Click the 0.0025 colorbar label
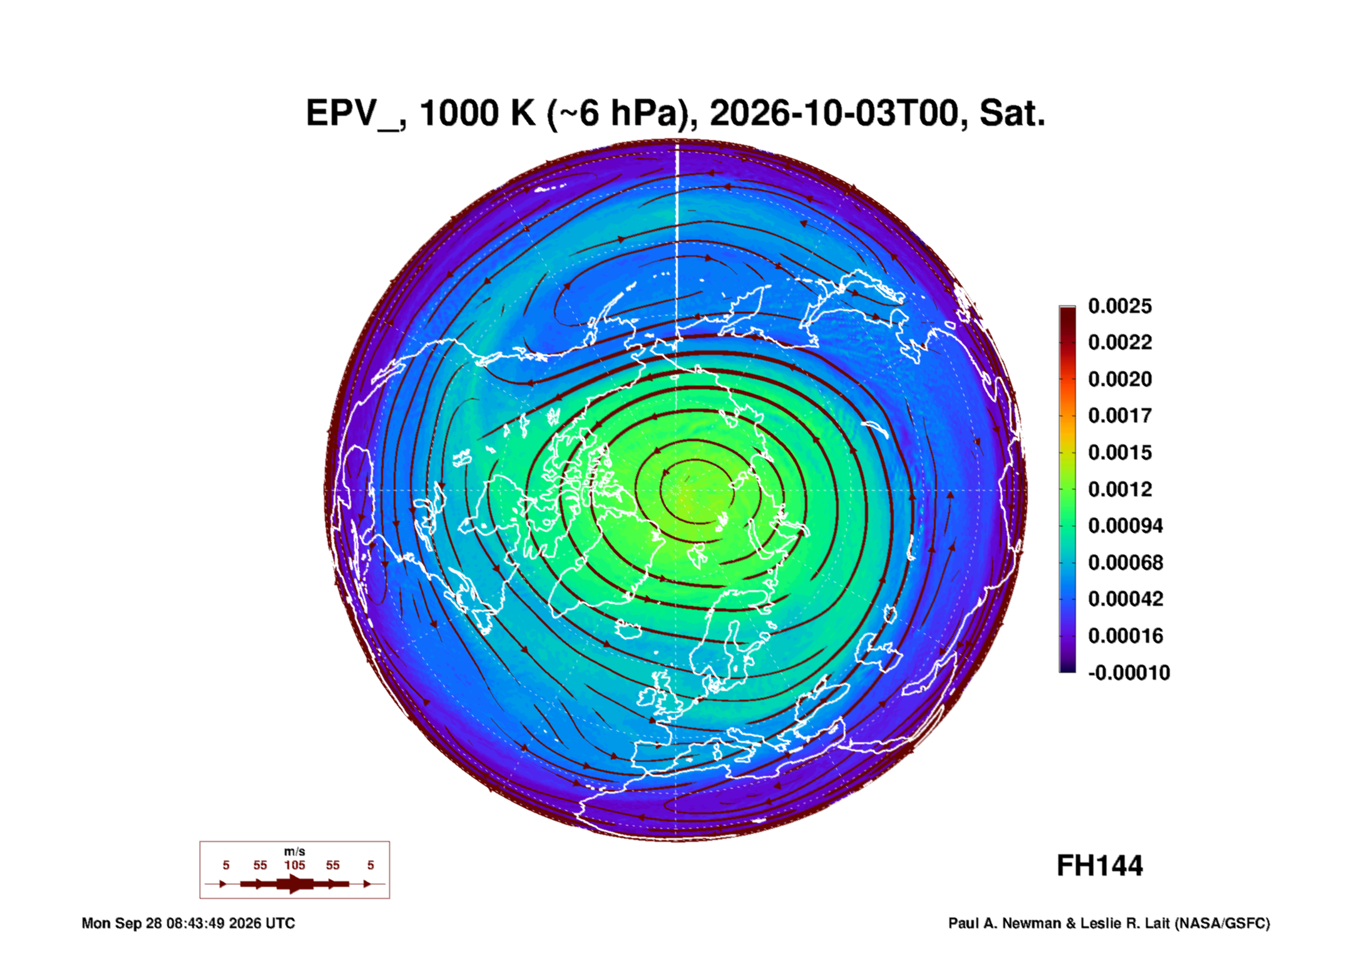pyautogui.click(x=1120, y=306)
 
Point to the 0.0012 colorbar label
pyautogui.click(x=1120, y=489)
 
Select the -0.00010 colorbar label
pyautogui.click(x=1129, y=673)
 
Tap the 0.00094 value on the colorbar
pyautogui.click(x=1125, y=526)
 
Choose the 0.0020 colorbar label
pyautogui.click(x=1120, y=379)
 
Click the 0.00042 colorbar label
pyautogui.click(x=1125, y=599)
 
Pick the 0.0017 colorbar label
pyautogui.click(x=1120, y=416)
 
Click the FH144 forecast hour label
pyautogui.click(x=1100, y=866)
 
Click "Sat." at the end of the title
pyautogui.click(x=1012, y=113)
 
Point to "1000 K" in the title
pyautogui.click(x=478, y=113)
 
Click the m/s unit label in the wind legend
pyautogui.click(x=295, y=851)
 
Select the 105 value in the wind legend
pyautogui.click(x=295, y=865)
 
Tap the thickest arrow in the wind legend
pyautogui.click(x=295, y=884)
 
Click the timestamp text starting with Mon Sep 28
pyautogui.click(x=188, y=923)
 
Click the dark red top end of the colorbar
pyautogui.click(x=1067, y=310)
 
